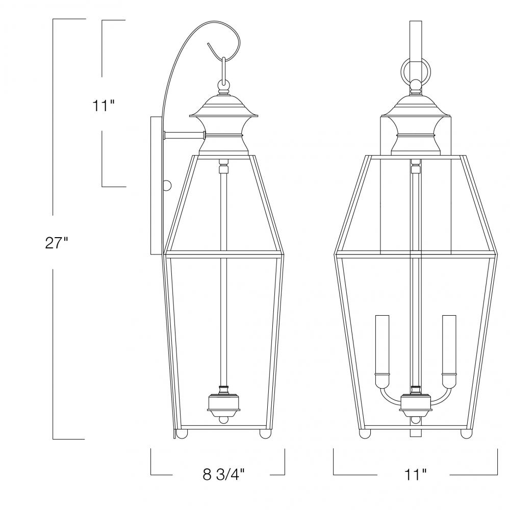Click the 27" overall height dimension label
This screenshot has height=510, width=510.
tap(56, 243)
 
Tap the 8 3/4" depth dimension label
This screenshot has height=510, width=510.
tap(223, 474)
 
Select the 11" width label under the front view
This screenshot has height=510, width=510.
tap(415, 474)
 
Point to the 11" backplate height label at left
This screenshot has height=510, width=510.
tap(104, 106)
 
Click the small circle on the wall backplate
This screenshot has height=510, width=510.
tap(167, 186)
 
